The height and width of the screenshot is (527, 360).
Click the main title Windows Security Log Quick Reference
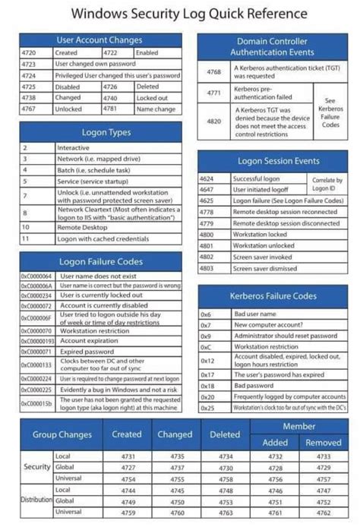[179, 14]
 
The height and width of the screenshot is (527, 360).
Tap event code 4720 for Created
[30, 53]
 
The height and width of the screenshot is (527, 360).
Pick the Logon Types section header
[101, 133]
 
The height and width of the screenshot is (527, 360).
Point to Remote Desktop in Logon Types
[80, 226]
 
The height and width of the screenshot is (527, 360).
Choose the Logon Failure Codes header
[101, 262]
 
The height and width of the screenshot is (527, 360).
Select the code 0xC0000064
[36, 276]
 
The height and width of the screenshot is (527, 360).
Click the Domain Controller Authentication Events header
[266, 46]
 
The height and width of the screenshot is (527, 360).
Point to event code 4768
[214, 71]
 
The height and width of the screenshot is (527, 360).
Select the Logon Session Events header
[267, 161]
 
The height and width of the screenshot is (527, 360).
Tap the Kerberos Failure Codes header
[267, 295]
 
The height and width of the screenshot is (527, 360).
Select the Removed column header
[324, 442]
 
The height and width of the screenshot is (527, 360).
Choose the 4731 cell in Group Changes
[127, 456]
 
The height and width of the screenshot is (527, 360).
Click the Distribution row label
[36, 500]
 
